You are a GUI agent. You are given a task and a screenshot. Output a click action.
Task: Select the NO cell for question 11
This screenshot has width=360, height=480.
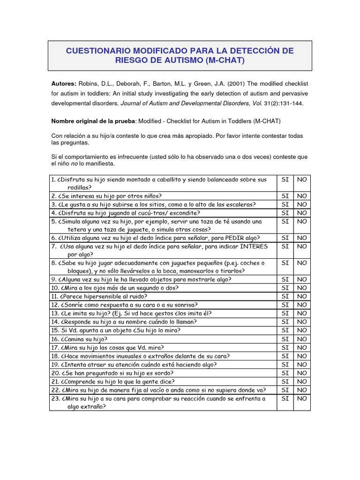click(x=302, y=296)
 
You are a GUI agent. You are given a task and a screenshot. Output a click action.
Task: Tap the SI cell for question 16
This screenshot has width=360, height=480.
click(x=285, y=339)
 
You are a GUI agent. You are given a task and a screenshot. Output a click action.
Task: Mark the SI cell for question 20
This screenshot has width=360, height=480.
click(x=285, y=373)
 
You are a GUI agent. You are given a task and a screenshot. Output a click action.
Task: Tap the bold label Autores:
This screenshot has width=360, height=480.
click(x=63, y=83)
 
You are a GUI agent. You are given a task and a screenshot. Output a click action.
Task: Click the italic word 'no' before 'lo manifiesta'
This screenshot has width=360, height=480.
click(x=75, y=164)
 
